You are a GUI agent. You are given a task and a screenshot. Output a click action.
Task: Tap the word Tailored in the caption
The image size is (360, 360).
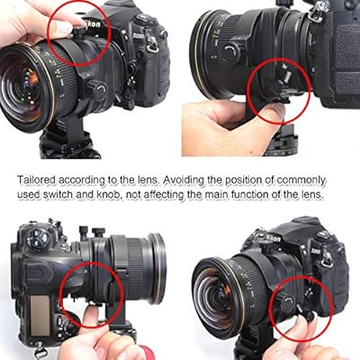(37, 180)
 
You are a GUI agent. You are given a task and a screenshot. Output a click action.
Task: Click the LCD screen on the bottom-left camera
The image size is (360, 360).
(40, 316)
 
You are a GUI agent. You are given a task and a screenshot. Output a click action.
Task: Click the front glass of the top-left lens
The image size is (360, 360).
(20, 87)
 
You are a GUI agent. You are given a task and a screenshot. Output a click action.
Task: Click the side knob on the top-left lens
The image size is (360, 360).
(96, 89)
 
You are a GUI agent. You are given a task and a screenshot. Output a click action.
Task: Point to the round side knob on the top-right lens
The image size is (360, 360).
(230, 53)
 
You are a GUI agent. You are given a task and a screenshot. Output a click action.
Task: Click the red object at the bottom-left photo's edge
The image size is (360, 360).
(147, 353)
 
